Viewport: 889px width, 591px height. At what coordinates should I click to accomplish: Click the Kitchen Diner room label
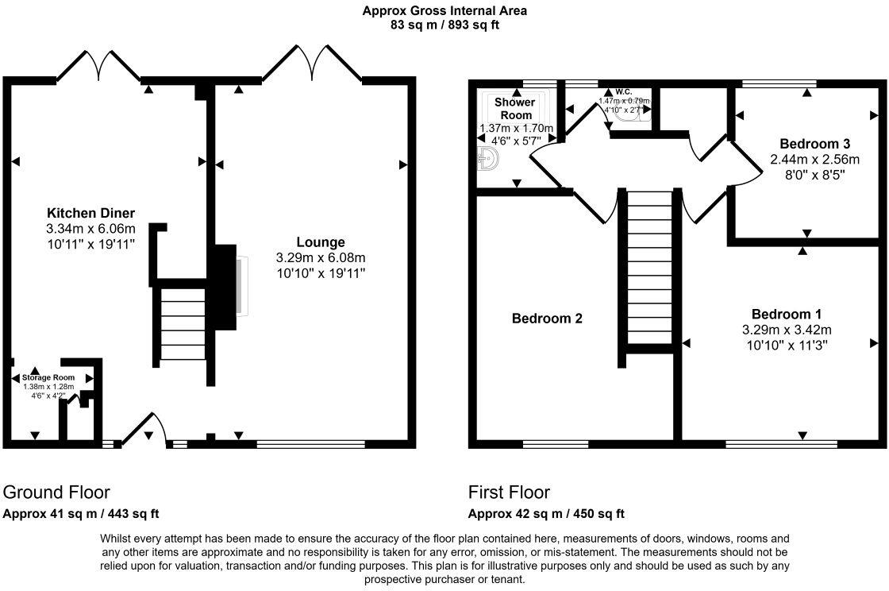point(90,213)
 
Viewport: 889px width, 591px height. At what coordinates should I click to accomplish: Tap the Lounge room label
point(320,241)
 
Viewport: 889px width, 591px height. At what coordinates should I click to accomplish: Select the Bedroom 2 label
point(547,319)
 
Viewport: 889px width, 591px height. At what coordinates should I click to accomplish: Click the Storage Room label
point(48,377)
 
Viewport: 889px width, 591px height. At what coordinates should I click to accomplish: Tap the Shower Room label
point(515,109)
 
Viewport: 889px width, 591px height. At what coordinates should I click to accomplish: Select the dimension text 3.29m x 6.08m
point(320,258)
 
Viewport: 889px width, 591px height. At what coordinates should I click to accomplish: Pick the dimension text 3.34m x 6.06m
point(90,229)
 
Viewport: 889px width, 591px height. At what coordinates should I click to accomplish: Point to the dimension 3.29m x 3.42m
point(786,330)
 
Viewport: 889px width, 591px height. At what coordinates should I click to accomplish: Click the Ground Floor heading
point(56,492)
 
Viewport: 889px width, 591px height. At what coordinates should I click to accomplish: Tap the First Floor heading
point(509,492)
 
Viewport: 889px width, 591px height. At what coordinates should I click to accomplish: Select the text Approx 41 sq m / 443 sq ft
point(82,513)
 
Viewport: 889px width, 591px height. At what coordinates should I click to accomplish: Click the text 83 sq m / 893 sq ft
point(444,25)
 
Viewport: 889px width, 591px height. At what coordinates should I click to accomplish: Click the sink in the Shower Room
point(487,160)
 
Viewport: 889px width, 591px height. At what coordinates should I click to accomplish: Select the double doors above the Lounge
point(312,64)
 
